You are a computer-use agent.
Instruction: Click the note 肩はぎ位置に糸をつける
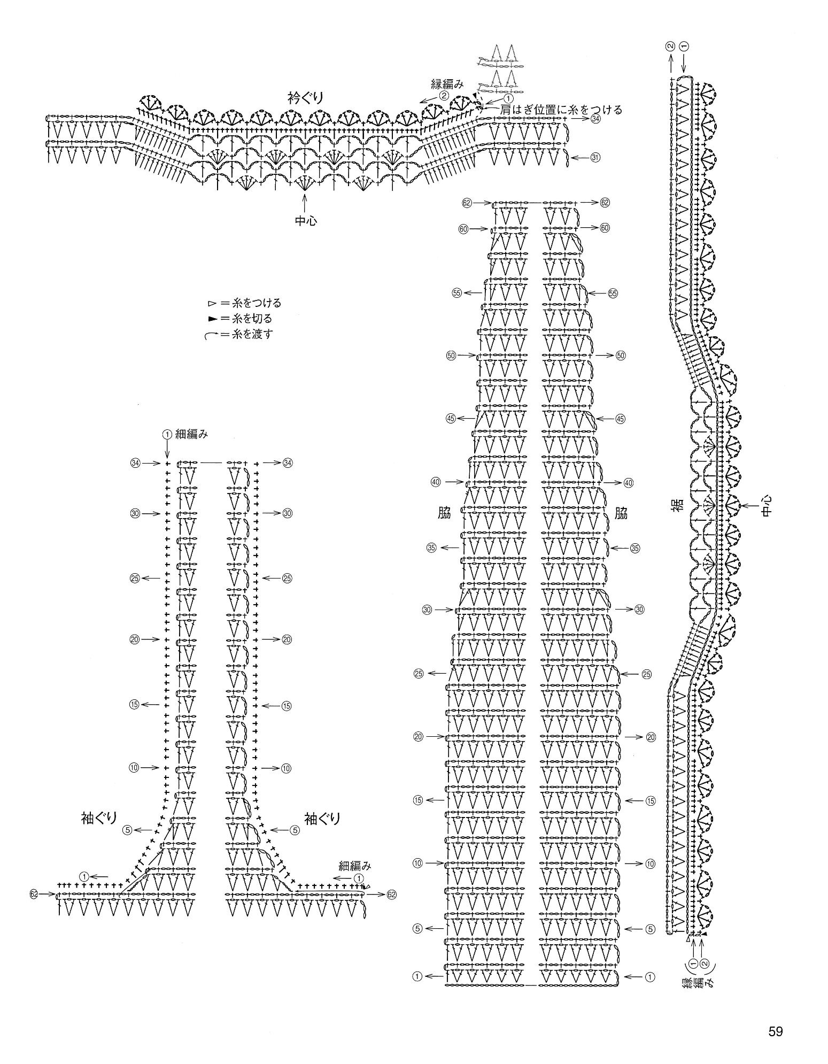pyautogui.click(x=561, y=110)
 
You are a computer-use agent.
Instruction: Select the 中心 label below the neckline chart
pyautogui.click(x=305, y=220)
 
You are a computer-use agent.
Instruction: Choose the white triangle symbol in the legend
pyautogui.click(x=212, y=303)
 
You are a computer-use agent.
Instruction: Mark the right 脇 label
pyautogui.click(x=621, y=514)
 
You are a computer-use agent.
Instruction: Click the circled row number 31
pyautogui.click(x=595, y=158)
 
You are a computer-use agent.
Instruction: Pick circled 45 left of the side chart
pyautogui.click(x=451, y=419)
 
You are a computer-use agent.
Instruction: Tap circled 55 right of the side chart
pyautogui.click(x=613, y=294)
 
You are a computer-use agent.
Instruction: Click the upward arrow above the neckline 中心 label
pyautogui.click(x=305, y=202)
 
